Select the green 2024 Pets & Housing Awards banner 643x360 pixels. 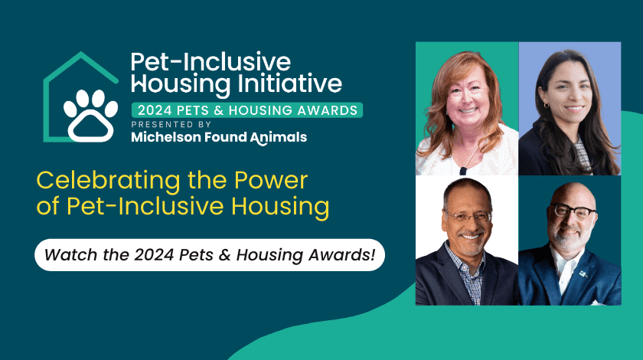(246, 110)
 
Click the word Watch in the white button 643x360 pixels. (70, 254)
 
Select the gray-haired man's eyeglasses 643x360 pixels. (465, 216)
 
